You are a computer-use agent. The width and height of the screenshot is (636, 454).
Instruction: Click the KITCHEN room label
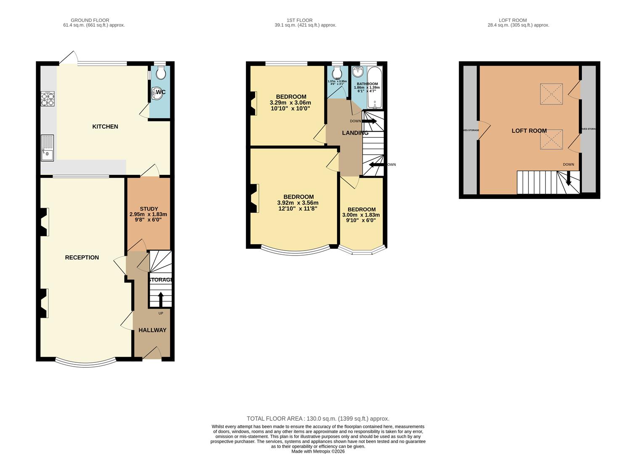tap(105, 127)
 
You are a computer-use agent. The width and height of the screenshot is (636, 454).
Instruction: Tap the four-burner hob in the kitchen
tap(48, 98)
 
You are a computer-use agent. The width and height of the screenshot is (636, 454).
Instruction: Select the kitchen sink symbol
tap(47, 148)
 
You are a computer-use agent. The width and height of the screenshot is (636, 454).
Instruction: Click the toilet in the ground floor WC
tap(161, 74)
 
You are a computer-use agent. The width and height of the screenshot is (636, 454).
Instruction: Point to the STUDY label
tap(149, 209)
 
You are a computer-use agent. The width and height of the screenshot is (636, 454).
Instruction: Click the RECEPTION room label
tap(82, 257)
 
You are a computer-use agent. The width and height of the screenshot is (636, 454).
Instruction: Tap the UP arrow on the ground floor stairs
tap(161, 300)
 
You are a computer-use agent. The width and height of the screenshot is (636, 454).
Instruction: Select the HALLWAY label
tap(152, 330)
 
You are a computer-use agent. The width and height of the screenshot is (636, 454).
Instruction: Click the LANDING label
tap(355, 133)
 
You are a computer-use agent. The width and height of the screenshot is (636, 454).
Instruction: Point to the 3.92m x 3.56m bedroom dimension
tap(298, 203)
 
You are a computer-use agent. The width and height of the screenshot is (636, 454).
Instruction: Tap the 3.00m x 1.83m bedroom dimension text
tap(361, 215)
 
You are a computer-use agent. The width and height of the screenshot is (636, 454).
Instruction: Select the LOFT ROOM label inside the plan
tap(529, 131)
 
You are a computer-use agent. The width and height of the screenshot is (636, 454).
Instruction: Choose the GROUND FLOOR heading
tap(90, 20)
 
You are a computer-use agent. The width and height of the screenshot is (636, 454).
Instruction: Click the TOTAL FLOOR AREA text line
tap(318, 418)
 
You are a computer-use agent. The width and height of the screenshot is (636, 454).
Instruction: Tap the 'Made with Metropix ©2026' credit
tap(318, 451)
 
